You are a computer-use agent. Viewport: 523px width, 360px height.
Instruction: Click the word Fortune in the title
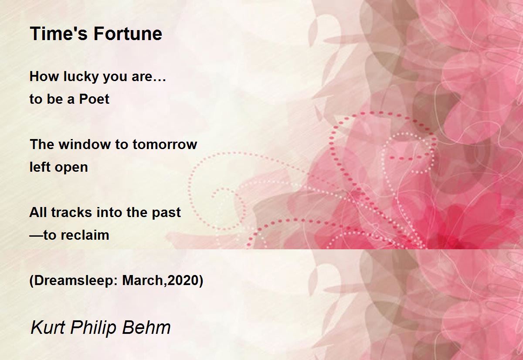(128, 34)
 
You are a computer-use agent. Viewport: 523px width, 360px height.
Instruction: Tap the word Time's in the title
(60, 34)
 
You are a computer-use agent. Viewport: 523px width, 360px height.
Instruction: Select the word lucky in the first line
(81, 77)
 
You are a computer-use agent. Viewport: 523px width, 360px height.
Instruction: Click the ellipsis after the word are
(159, 80)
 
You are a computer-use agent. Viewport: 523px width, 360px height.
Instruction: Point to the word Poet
(94, 99)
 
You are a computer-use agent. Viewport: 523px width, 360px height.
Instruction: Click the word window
(85, 144)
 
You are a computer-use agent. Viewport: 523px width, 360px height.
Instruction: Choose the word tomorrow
(165, 145)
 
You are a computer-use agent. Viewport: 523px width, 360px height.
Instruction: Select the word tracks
(71, 212)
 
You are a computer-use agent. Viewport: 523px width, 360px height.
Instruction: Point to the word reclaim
(85, 235)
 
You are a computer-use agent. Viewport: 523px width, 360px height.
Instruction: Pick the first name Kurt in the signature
(48, 327)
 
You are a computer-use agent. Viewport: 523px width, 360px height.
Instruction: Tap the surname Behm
(146, 327)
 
